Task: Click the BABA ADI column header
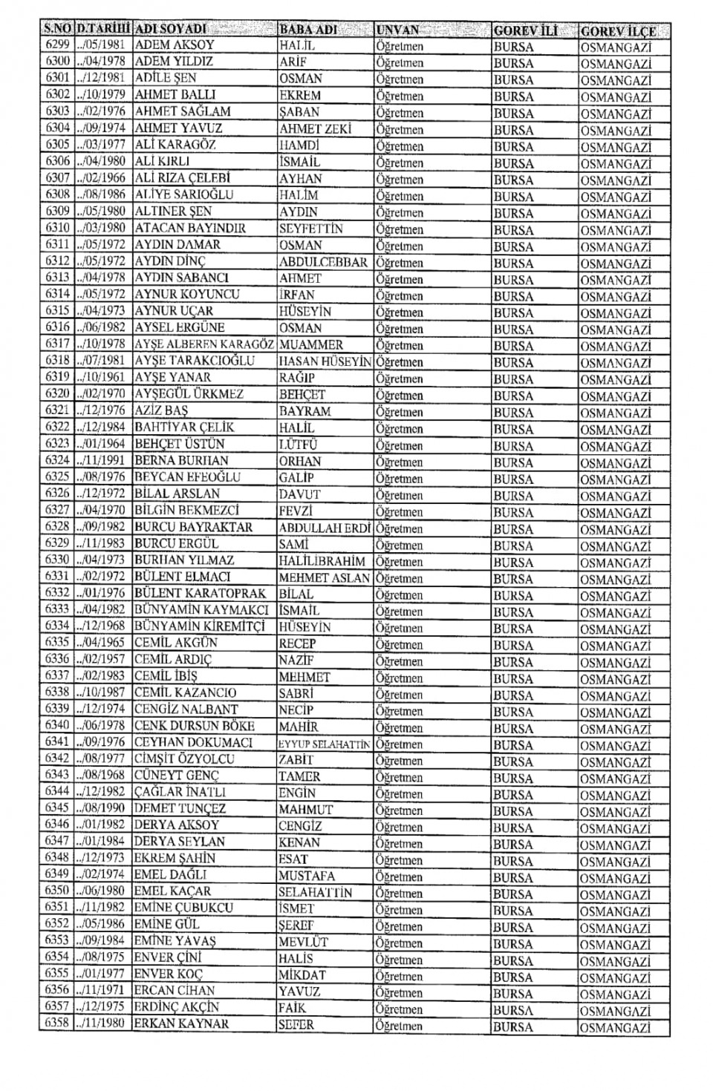point(308,30)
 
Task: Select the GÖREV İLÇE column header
point(618,31)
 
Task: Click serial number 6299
point(57,45)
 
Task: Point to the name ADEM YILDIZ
point(174,62)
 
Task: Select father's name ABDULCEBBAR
point(323,262)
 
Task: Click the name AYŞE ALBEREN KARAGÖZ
point(205,344)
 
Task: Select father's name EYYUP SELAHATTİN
point(324,744)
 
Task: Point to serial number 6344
point(57,792)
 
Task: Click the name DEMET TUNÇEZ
point(180,808)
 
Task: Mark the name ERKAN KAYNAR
point(181,1023)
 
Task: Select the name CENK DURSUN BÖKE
point(194,726)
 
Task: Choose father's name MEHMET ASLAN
point(324,577)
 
